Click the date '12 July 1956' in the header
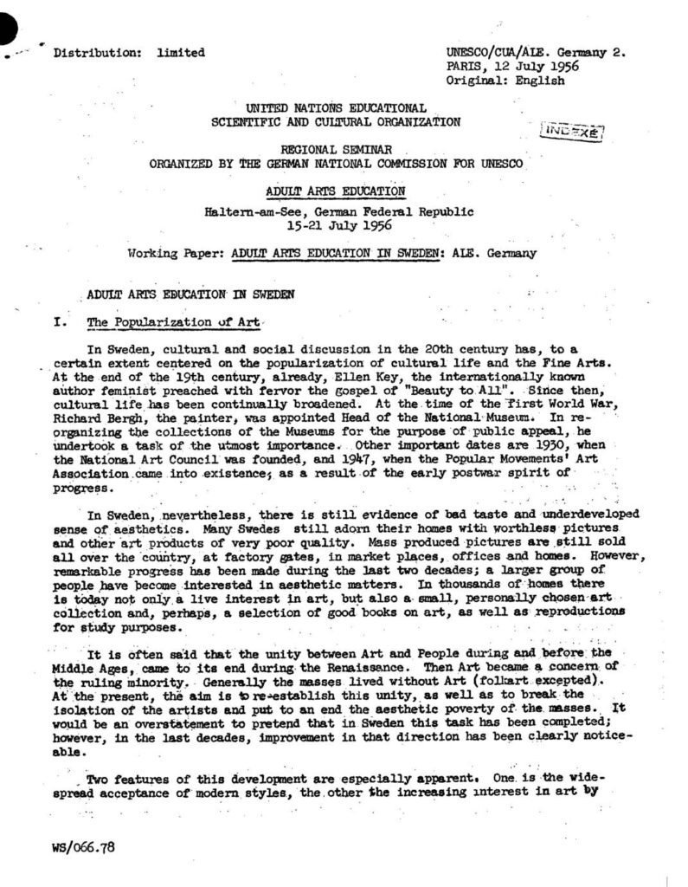coord(532,66)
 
